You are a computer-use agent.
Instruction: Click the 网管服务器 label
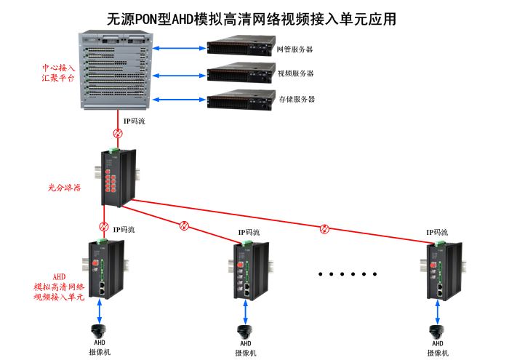(x=295, y=49)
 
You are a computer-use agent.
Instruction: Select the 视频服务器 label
(x=296, y=73)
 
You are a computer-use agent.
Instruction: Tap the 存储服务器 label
(x=297, y=98)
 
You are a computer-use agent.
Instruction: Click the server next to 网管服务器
(x=239, y=49)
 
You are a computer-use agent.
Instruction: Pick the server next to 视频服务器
(x=239, y=73)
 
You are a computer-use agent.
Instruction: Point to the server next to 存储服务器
(x=239, y=98)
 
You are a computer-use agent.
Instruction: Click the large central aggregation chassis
(x=117, y=71)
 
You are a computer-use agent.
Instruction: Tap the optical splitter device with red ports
(x=116, y=177)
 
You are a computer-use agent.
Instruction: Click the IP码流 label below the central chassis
(x=135, y=121)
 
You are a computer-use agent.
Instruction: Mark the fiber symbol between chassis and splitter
(x=117, y=134)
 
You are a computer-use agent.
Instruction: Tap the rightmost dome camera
(x=438, y=330)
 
